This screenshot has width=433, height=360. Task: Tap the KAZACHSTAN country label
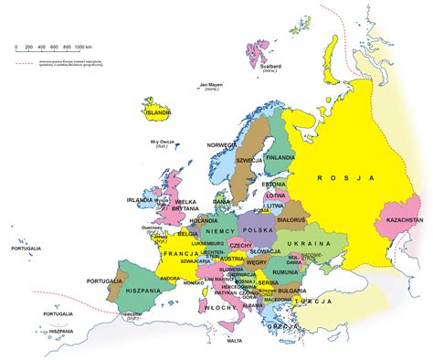pos(405,220)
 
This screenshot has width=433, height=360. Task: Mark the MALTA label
pos(235,341)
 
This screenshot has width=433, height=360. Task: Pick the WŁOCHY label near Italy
pos(219,310)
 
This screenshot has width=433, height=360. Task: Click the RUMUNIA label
pos(285,271)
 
